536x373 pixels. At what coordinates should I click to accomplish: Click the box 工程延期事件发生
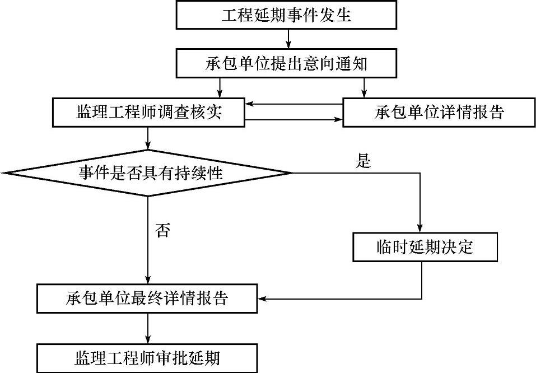click(x=287, y=15)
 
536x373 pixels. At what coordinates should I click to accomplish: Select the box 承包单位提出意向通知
click(x=287, y=63)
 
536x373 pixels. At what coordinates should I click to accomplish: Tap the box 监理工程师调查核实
click(x=149, y=113)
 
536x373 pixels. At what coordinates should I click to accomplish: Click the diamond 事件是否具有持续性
click(x=148, y=173)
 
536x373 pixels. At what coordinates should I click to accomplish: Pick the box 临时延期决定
click(x=425, y=247)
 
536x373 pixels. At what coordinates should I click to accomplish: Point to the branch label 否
click(x=162, y=230)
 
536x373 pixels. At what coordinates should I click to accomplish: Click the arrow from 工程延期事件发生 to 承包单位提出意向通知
click(x=287, y=39)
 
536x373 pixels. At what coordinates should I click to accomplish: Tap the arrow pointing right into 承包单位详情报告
click(x=336, y=119)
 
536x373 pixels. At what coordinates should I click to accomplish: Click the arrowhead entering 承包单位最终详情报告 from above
click(x=148, y=279)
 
